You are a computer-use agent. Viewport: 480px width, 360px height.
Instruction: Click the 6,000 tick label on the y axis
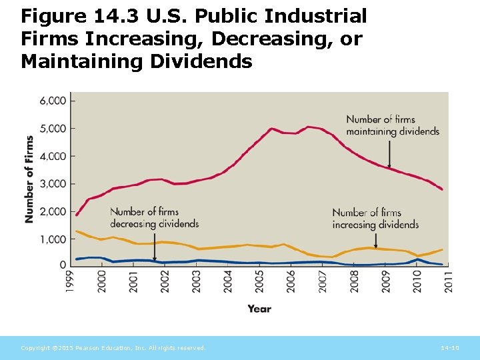[54, 101]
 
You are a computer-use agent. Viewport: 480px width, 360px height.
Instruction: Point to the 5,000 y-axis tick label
[54, 128]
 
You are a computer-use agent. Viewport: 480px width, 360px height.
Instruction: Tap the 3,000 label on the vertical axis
[54, 183]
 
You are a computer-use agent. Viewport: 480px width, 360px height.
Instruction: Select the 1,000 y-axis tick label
[54, 239]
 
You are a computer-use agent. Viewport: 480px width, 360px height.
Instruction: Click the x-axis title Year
[259, 309]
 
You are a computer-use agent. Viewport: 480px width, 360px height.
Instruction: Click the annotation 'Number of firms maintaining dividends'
[393, 125]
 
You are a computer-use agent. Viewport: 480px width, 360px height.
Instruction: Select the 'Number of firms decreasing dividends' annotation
[154, 217]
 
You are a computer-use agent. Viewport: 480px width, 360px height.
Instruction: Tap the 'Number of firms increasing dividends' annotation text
[375, 219]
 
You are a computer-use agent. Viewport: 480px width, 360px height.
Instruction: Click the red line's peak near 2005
[271, 129]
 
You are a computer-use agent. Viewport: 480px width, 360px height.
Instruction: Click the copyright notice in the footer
[113, 348]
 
